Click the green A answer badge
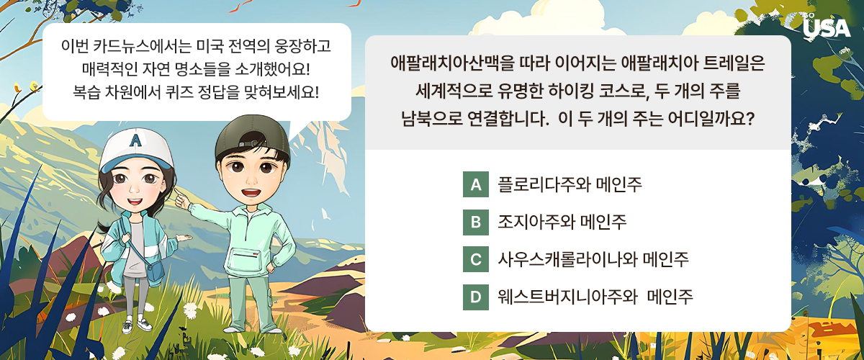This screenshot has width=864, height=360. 476,184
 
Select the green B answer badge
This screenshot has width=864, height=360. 476,222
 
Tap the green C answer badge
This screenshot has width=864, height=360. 476,259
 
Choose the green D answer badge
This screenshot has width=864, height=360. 476,297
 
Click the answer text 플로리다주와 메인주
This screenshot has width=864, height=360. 570,184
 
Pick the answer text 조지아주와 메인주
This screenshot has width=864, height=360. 562,222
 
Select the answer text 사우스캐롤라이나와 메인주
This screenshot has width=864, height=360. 593,259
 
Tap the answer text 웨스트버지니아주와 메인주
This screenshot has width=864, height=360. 595,297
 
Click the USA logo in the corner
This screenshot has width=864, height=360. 827,27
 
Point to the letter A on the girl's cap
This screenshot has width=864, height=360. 135,140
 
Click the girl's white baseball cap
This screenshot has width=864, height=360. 135,150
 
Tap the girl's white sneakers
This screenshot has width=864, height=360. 137,325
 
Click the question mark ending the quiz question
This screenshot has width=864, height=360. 750,119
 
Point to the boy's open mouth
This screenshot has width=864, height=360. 251,192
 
